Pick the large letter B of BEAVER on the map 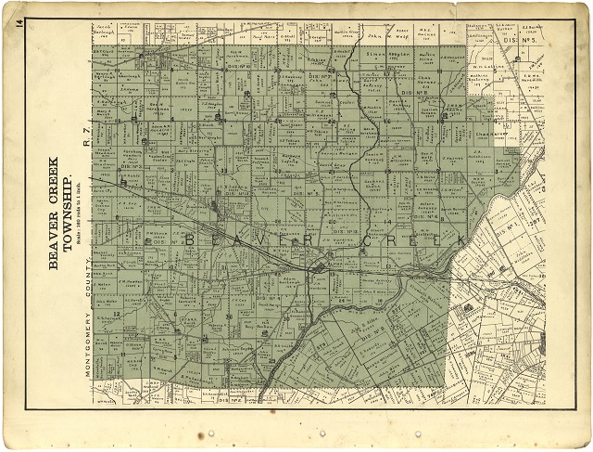coord(192,240)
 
